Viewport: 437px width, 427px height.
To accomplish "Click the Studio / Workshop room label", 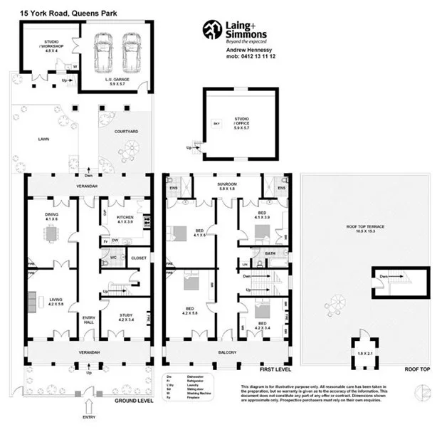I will pos(51,46).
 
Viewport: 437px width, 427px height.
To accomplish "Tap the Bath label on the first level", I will pos(270,253).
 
